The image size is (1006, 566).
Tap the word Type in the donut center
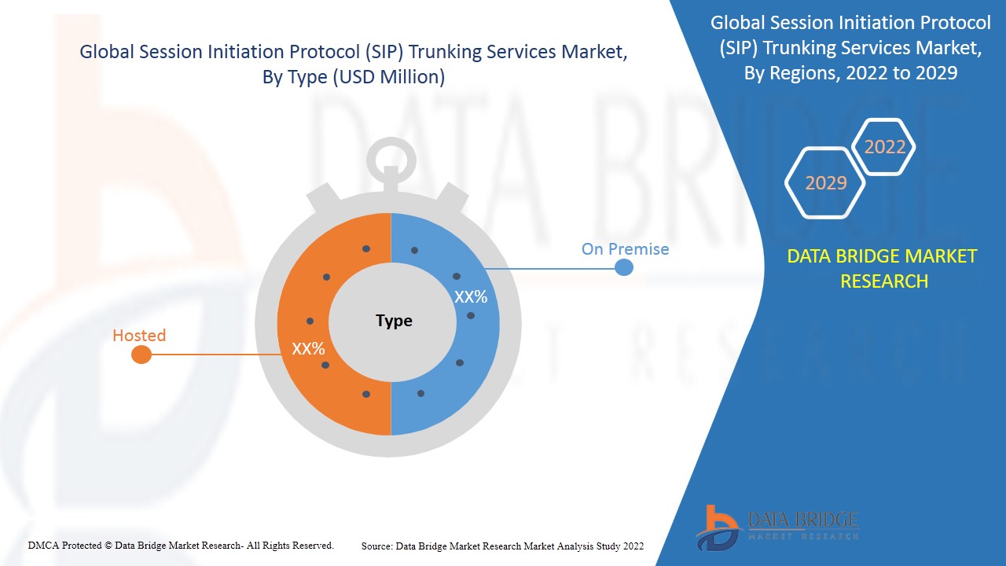coord(394,321)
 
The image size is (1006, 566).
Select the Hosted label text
coord(139,336)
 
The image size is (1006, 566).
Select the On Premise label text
coord(625,249)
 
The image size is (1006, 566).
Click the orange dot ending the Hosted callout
coord(141,355)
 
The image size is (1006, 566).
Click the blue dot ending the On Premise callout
coord(623,267)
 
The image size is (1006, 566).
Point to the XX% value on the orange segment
coord(308,348)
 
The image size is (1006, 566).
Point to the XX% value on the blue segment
coord(471,297)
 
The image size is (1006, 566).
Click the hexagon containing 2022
coord(884,147)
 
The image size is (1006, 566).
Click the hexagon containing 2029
coord(825,183)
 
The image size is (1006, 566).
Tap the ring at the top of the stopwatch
coord(390,157)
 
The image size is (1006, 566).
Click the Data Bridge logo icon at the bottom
coord(716,527)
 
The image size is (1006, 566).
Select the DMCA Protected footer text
coord(181,545)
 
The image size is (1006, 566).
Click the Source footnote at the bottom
coord(502,546)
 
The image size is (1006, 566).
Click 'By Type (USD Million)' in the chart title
coord(354,77)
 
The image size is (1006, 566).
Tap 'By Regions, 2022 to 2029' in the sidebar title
coord(850,73)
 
